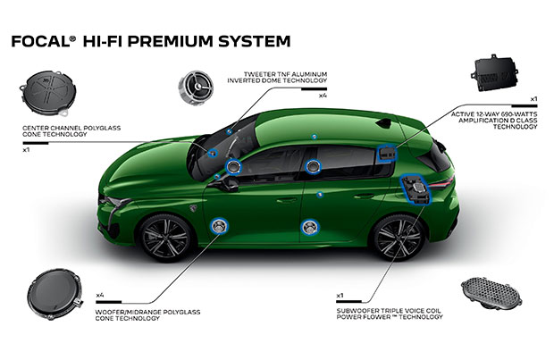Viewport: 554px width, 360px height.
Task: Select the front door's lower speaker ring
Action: coord(219,226)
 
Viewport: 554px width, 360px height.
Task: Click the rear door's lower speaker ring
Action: coord(310,226)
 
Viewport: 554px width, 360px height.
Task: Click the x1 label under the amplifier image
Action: coord(533,97)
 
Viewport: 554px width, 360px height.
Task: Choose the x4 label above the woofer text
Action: coord(101,294)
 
